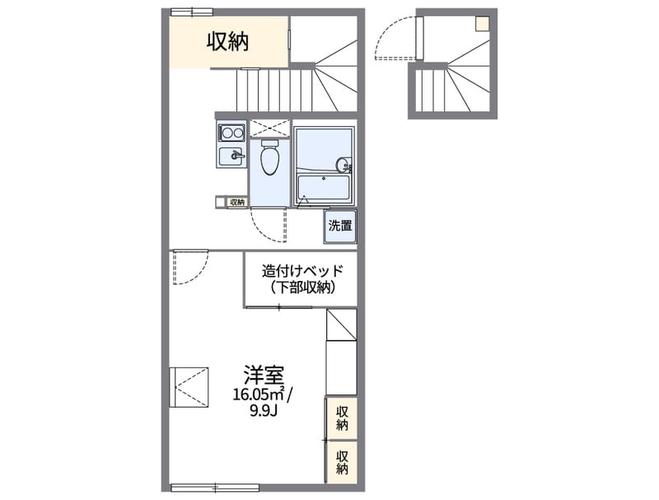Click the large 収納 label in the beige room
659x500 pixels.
pyautogui.click(x=227, y=40)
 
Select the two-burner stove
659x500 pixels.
pyautogui.click(x=230, y=132)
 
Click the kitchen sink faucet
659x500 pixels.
pyautogui.click(x=237, y=155)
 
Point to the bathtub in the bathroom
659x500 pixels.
pyautogui.click(x=324, y=189)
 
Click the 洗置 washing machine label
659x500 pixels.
pyautogui.click(x=340, y=225)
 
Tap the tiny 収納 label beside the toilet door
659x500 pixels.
pyautogui.click(x=236, y=202)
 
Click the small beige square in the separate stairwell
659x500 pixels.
pyautogui.click(x=481, y=24)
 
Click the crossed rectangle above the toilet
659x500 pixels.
pyautogui.click(x=269, y=128)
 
